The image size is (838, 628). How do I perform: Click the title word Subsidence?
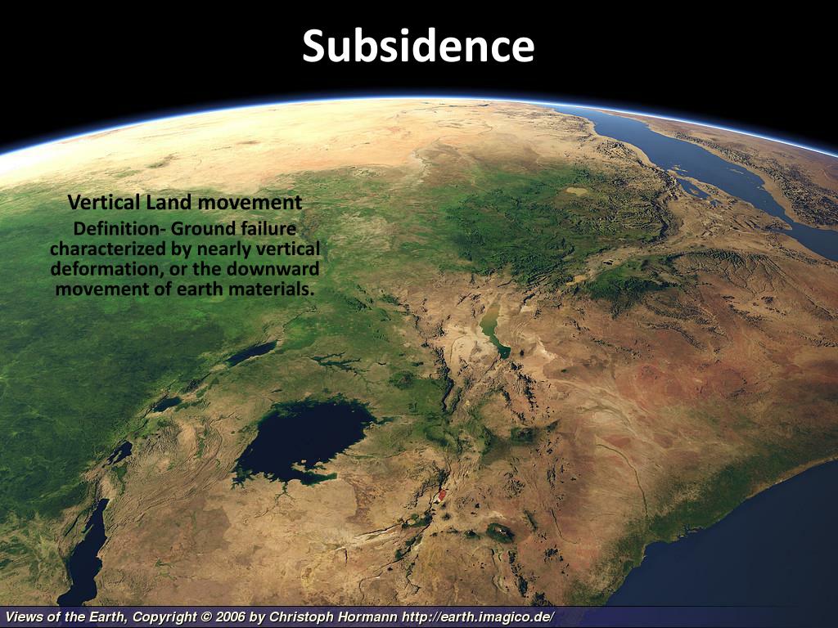tap(418, 47)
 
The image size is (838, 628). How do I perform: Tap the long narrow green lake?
tap(492, 328)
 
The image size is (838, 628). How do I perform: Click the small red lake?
tap(442, 494)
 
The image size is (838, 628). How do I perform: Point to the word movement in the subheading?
tap(255, 202)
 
